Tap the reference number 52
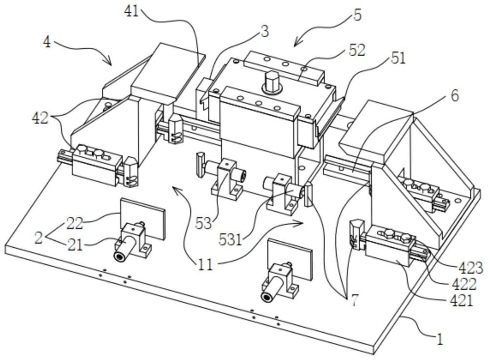click(x=357, y=50)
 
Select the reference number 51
click(x=398, y=58)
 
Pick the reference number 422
click(x=465, y=284)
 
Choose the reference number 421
click(x=462, y=301)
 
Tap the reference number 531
click(x=230, y=240)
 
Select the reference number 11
click(x=206, y=265)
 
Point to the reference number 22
click(x=74, y=223)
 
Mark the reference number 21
click(x=75, y=245)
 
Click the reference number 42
click(x=40, y=118)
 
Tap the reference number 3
click(x=265, y=32)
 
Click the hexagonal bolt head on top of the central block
click(x=272, y=80)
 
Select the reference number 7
click(x=354, y=301)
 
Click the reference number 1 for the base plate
click(x=440, y=339)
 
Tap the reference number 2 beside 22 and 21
click(x=39, y=238)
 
